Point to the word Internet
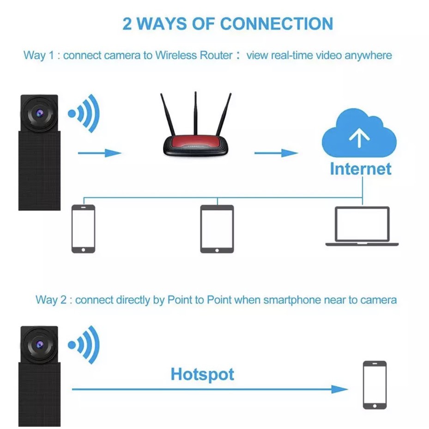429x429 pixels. click(360, 169)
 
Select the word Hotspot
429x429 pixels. click(202, 374)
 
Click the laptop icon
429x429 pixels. click(362, 226)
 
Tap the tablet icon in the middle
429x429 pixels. click(217, 229)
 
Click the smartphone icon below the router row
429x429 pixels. click(83, 229)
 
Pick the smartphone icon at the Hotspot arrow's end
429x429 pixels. click(375, 385)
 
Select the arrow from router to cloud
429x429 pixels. click(276, 153)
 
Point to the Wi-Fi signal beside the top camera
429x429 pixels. click(85, 113)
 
